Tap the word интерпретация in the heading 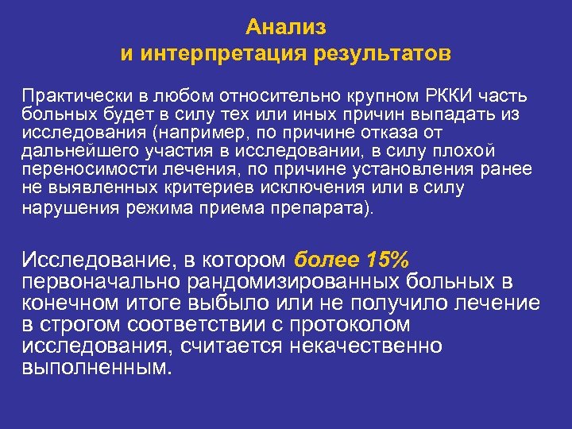click(x=222, y=55)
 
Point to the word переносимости click(x=80, y=169)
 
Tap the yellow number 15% click(x=388, y=260)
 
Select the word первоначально click(x=103, y=282)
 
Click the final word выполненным click(x=96, y=368)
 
